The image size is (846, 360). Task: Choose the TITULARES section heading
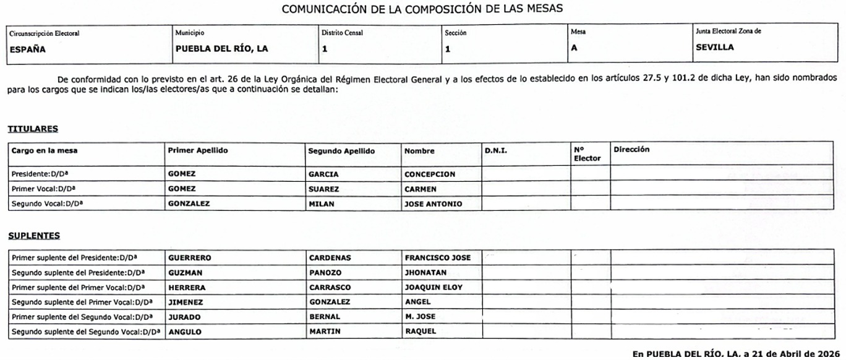tap(33, 129)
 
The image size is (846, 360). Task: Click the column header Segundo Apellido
tap(341, 151)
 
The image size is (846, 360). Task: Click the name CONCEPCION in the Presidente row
tap(430, 174)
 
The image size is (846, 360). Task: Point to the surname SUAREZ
tap(323, 189)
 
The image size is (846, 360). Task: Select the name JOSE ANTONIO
tap(433, 204)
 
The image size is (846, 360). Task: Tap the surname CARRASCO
tap(328, 287)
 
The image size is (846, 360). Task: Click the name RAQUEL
tap(421, 331)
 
